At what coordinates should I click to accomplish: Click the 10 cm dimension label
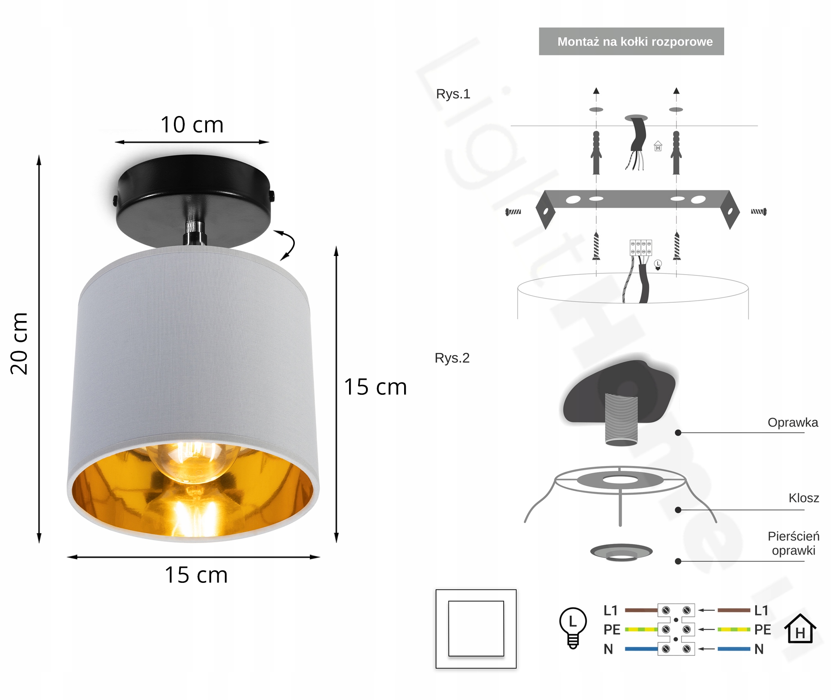pos(192,125)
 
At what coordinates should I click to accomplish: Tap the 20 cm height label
pos(19,344)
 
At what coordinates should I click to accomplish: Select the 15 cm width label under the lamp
pos(196,575)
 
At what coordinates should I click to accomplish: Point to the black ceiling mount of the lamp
pos(193,201)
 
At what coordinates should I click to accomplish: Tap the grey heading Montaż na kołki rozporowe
pos(631,41)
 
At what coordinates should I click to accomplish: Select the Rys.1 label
pos(453,94)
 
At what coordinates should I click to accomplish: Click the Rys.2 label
pos(452,358)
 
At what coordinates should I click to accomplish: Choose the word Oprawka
pos(793,422)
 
